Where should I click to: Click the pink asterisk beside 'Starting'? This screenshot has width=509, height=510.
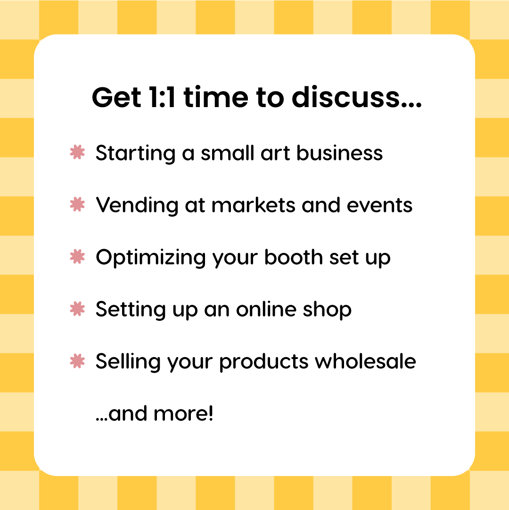point(77,152)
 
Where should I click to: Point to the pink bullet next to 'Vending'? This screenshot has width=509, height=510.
point(77,204)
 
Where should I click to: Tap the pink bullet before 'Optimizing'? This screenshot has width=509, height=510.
point(77,256)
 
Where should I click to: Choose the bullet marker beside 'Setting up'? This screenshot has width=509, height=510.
point(77,309)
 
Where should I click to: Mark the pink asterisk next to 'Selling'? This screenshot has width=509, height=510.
point(77,361)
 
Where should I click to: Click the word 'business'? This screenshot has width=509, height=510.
point(340,152)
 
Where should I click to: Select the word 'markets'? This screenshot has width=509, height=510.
point(254,205)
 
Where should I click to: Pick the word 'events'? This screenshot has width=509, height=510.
point(379,206)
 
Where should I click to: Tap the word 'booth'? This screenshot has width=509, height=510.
point(294,257)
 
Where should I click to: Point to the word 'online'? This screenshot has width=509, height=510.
point(266,309)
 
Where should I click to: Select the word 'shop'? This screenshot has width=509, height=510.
point(327,310)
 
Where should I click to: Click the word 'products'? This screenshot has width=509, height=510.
point(264,362)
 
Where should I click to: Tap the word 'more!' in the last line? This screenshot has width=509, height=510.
point(183,414)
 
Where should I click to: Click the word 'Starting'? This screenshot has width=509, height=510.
point(135,153)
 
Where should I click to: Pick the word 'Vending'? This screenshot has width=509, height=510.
point(137,206)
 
